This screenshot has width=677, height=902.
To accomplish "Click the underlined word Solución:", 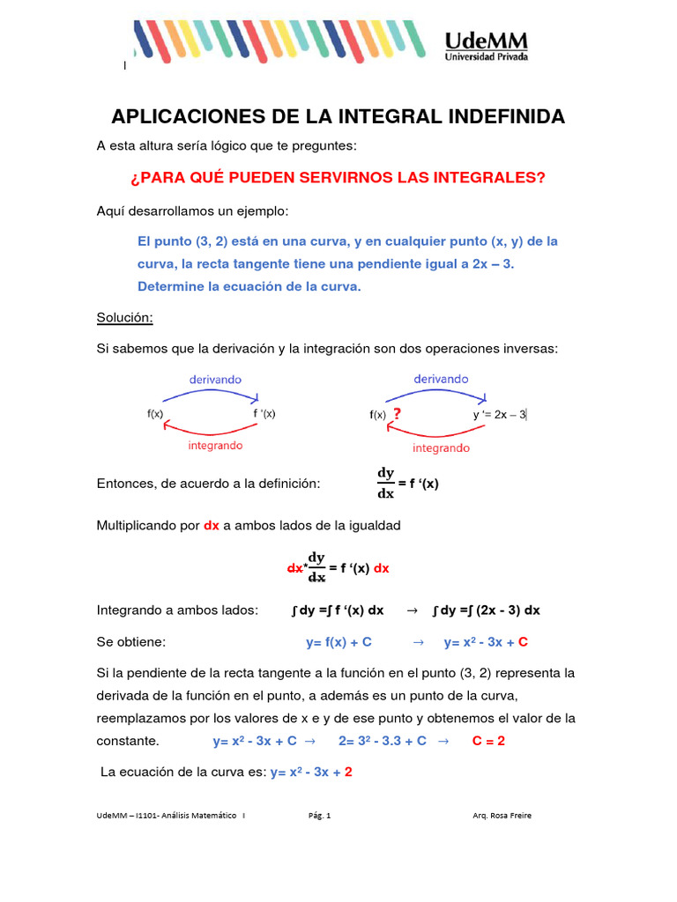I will (x=124, y=316).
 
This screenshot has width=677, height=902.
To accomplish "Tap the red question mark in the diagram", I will (x=398, y=414).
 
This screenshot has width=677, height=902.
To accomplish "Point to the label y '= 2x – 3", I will (x=499, y=414).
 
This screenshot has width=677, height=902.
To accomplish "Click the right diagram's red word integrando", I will (x=441, y=448).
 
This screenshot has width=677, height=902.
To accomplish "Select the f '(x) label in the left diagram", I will (x=264, y=414).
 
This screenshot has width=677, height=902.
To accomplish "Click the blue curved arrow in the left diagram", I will (x=212, y=394).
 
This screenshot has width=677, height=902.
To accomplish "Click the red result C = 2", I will (x=488, y=741).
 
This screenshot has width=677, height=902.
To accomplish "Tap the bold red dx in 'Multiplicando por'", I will (x=212, y=526).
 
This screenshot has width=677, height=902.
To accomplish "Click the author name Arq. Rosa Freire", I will (x=502, y=816).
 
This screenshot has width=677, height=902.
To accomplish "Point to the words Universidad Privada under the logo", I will (x=487, y=57).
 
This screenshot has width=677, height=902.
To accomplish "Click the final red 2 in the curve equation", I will (x=348, y=772).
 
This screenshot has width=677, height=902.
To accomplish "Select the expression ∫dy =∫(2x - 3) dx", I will (x=487, y=610).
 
